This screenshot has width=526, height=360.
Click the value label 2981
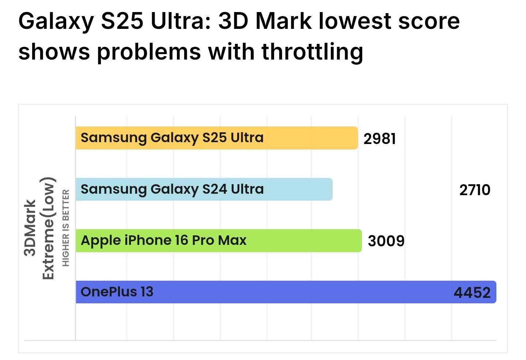379,139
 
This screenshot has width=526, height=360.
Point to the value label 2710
474,190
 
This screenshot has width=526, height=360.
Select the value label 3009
386,241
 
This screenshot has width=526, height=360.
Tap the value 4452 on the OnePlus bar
472,293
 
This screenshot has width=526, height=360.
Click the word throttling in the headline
313,52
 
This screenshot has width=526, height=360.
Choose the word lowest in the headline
355,21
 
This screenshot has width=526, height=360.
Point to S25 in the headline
122,21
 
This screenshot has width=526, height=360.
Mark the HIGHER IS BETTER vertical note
66,228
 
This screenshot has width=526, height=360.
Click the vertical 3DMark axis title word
30,228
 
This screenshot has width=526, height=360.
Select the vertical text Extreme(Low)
48,228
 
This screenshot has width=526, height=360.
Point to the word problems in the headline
148,52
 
